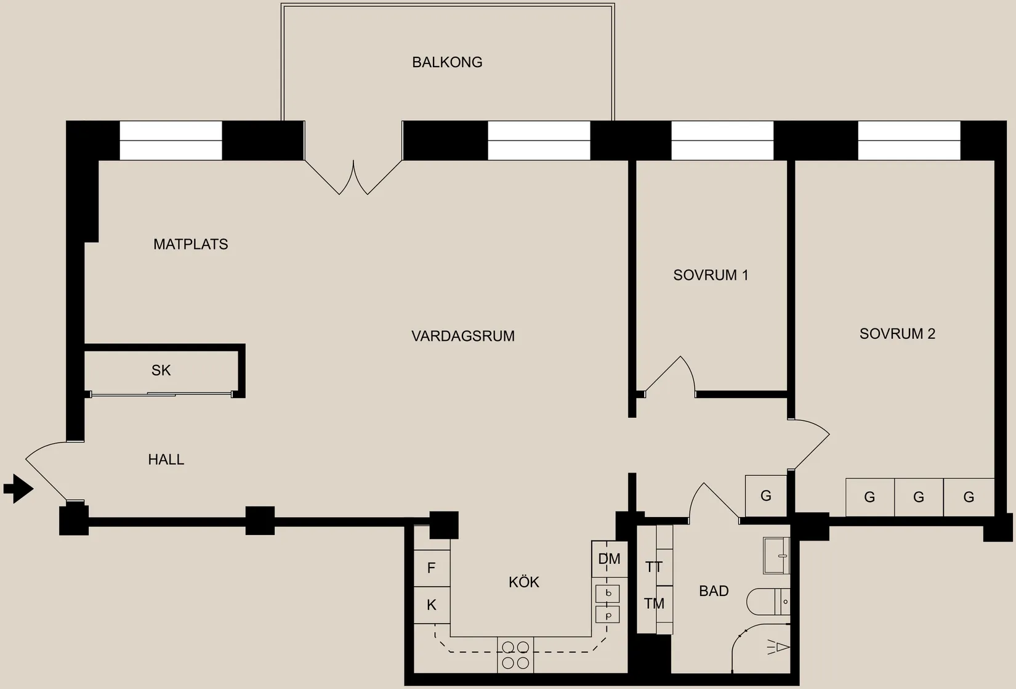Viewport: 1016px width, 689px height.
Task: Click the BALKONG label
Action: point(447,62)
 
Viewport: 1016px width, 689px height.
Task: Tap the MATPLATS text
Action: point(190,244)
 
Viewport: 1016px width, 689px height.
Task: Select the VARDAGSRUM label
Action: point(462,336)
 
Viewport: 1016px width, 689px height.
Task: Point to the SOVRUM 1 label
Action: point(711,275)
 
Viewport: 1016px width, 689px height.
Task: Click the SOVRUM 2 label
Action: point(897,333)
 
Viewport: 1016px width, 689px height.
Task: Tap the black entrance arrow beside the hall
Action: point(18,489)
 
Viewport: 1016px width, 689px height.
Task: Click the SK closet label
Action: point(161,370)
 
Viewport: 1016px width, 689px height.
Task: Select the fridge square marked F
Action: point(431,568)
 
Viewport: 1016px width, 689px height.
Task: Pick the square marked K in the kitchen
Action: point(431,605)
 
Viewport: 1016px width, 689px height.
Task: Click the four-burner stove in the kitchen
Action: point(515,654)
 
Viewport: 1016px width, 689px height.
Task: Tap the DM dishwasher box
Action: point(609,559)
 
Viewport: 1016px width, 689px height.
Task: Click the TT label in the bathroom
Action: point(654,567)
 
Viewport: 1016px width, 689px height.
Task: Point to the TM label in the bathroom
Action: point(654,604)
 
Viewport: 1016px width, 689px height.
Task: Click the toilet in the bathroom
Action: point(767,601)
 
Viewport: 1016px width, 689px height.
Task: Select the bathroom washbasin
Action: point(776,555)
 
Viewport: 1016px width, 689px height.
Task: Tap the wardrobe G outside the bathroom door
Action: point(766,495)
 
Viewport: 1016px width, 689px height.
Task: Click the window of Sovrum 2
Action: point(909,141)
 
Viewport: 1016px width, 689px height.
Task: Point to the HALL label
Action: point(166,459)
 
